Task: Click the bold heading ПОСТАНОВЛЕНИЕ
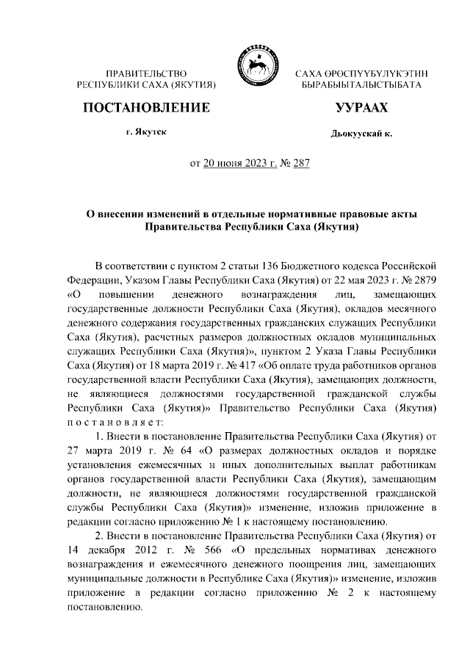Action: (147, 108)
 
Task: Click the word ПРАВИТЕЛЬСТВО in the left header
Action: (147, 74)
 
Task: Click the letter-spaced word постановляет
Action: (110, 422)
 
